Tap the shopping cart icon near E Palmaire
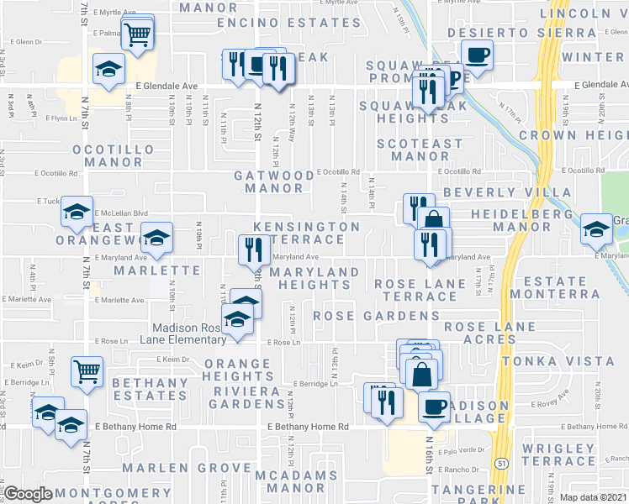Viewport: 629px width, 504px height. pyautogui.click(x=137, y=34)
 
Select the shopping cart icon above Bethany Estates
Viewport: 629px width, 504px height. pyautogui.click(x=87, y=370)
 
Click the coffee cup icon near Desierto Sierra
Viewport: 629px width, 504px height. pyautogui.click(x=478, y=56)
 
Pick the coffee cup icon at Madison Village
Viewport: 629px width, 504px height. pyautogui.click(x=434, y=407)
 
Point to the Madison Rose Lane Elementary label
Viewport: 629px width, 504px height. pyautogui.click(x=189, y=333)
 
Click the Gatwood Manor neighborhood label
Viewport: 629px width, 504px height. pyautogui.click(x=274, y=181)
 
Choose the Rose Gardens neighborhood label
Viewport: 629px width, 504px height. pyautogui.click(x=375, y=316)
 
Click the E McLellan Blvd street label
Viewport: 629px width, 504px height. pyautogui.click(x=114, y=213)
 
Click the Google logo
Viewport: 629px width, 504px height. pyautogui.click(x=29, y=494)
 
